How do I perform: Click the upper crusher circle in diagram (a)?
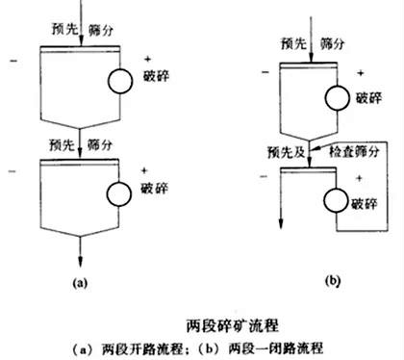tap(120, 80)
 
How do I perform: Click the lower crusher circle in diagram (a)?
tap(120, 191)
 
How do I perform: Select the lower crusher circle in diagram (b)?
tap(336, 200)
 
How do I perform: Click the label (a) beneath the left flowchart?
tap(80, 282)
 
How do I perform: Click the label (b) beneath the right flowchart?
tap(308, 282)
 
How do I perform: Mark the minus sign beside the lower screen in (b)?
tap(261, 176)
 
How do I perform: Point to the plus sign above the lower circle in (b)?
tap(360, 179)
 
